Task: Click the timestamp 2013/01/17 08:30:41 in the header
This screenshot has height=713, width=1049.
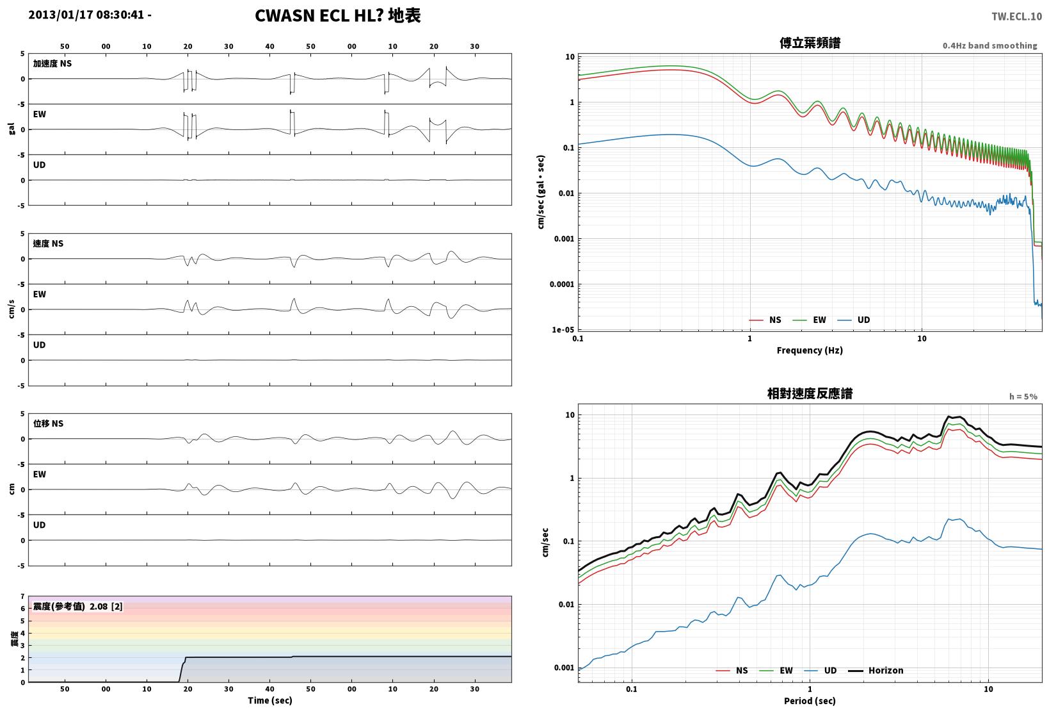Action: pyautogui.click(x=86, y=15)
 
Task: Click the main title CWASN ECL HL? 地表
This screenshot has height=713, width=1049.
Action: pyautogui.click(x=338, y=15)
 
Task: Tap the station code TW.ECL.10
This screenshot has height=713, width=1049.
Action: pyautogui.click(x=1017, y=17)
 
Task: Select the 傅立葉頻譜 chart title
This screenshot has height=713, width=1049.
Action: pyautogui.click(x=810, y=43)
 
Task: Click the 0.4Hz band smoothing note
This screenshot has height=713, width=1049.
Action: pyautogui.click(x=990, y=45)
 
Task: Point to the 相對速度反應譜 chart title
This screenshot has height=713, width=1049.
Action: pyautogui.click(x=810, y=393)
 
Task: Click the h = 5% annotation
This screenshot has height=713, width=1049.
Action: pyautogui.click(x=1023, y=397)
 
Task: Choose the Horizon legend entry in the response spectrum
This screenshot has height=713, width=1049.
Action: pyautogui.click(x=876, y=670)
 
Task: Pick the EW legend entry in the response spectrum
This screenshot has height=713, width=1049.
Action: pyautogui.click(x=776, y=670)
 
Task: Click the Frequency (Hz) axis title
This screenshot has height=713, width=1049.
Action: pyautogui.click(x=810, y=350)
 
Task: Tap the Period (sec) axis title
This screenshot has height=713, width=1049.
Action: pyautogui.click(x=810, y=701)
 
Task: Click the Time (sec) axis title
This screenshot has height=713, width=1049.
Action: pyautogui.click(x=269, y=700)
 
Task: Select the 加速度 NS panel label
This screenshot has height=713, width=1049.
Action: pyautogui.click(x=52, y=63)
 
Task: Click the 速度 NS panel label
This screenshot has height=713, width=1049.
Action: pyautogui.click(x=48, y=243)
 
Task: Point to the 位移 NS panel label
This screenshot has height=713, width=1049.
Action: pyautogui.click(x=48, y=423)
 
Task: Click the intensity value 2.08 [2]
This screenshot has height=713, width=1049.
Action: pyautogui.click(x=106, y=606)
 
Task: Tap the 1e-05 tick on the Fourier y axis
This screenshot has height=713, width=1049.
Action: pyautogui.click(x=563, y=329)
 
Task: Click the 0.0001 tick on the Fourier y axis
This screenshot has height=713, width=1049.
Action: pyautogui.click(x=562, y=284)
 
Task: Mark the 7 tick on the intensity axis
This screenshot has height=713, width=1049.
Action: pyautogui.click(x=22, y=596)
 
